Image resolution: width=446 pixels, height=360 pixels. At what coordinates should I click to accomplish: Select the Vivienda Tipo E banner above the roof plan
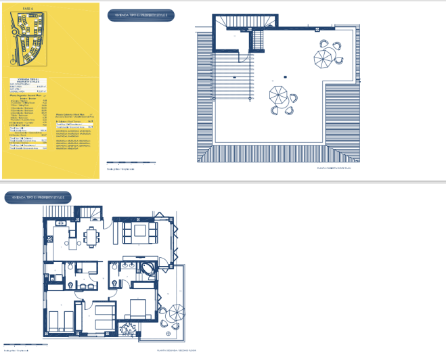pos(141,14)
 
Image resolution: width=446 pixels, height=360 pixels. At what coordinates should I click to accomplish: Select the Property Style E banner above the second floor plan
pos(38,197)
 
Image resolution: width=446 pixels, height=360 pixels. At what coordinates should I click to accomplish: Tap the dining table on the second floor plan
pos(92,236)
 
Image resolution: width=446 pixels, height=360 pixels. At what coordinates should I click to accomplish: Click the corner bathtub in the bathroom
pos(144,268)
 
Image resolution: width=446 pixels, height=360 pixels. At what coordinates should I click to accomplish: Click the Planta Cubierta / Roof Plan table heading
pos(70,114)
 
